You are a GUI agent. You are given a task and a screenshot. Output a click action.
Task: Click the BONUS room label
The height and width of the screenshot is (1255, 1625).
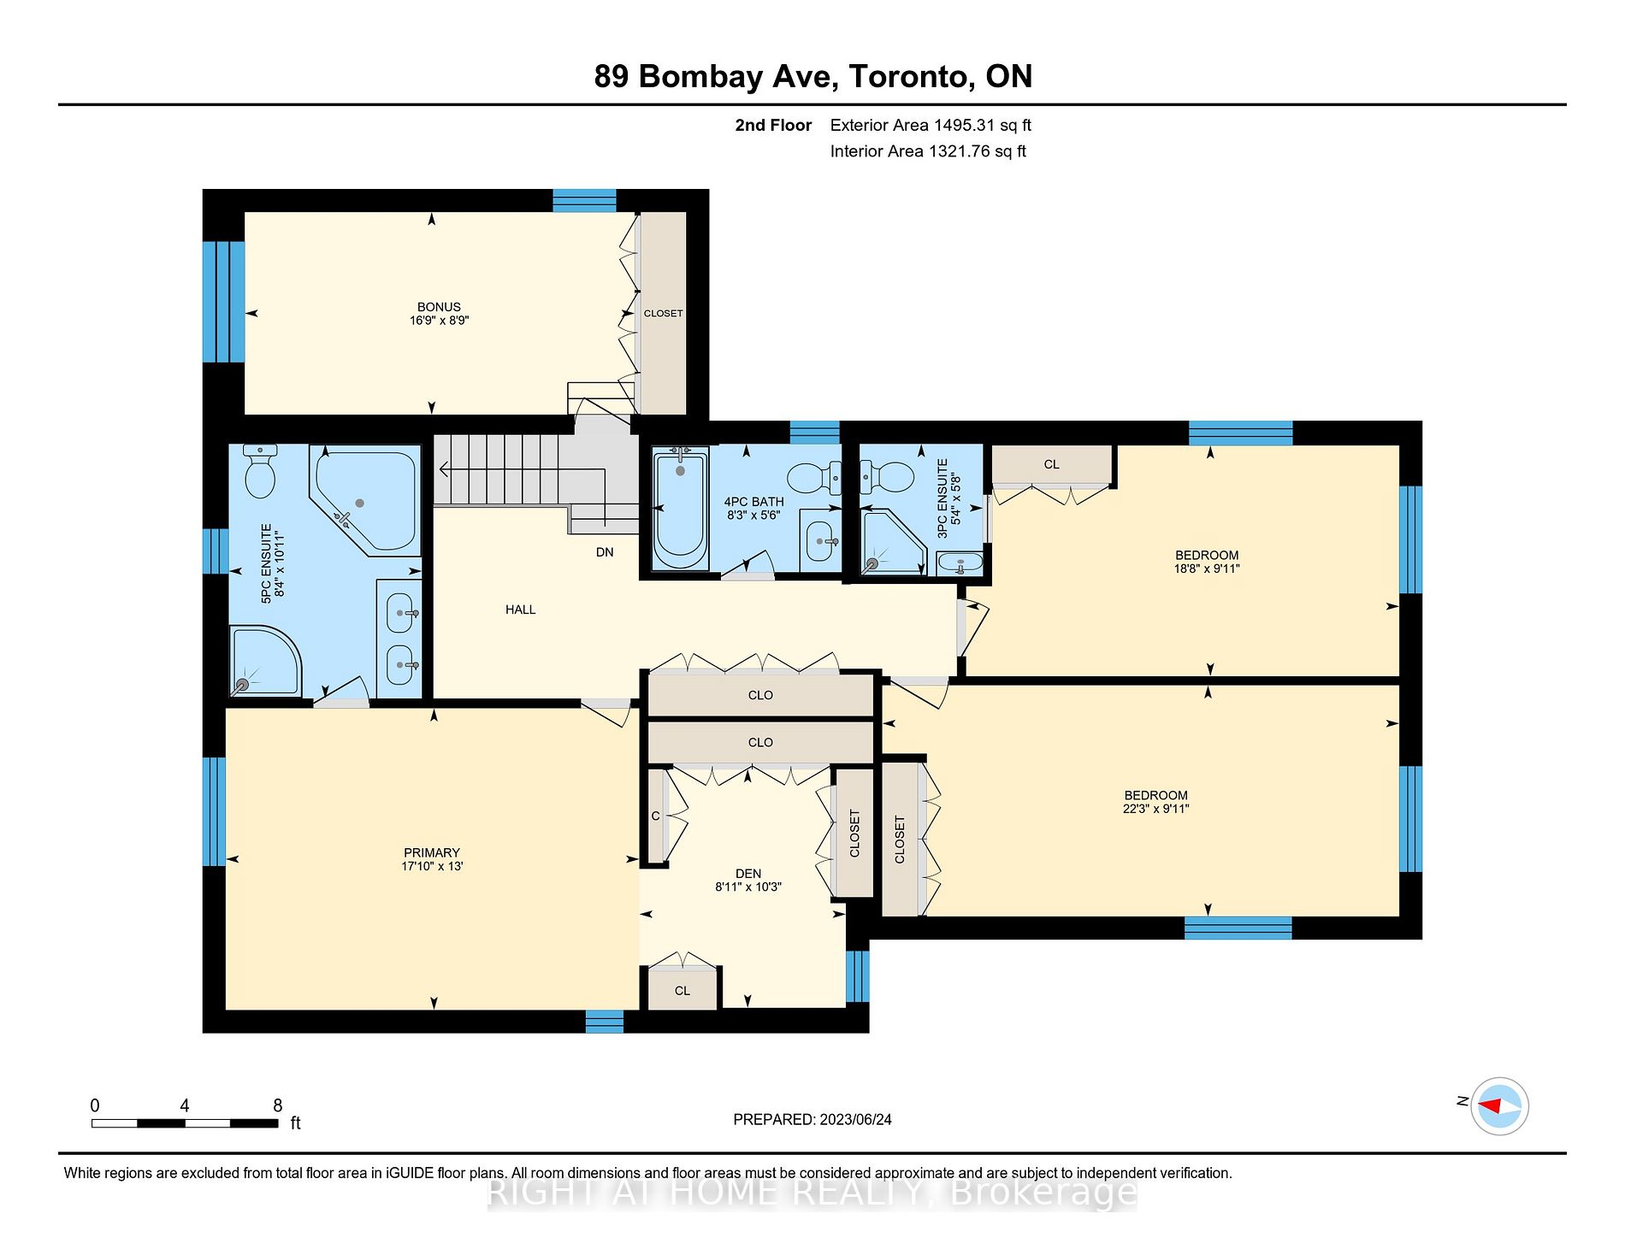tap(439, 307)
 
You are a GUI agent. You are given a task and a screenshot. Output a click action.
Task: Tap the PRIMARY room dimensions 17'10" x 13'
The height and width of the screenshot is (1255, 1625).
tap(432, 866)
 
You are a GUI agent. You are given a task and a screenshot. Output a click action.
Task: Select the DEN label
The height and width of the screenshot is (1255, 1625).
tap(748, 873)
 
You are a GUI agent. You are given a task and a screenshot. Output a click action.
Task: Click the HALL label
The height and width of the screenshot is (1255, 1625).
tap(520, 610)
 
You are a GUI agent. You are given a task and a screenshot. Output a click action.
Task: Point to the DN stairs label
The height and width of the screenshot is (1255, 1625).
tap(605, 552)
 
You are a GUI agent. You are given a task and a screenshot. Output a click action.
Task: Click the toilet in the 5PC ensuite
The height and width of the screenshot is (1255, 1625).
tap(259, 472)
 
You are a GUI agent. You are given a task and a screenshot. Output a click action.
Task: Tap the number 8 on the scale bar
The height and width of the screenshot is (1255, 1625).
tap(277, 1105)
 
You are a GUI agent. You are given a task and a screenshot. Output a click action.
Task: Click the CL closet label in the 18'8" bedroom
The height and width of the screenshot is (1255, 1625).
tap(1051, 464)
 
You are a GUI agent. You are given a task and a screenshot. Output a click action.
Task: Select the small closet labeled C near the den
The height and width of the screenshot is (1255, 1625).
tap(655, 816)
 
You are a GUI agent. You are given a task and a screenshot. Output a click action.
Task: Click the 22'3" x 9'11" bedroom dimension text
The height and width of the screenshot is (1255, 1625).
tap(1155, 809)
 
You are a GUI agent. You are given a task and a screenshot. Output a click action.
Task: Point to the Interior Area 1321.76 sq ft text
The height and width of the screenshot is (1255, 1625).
tap(927, 151)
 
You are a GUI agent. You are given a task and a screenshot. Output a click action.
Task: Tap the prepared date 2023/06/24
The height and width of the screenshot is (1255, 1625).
tap(854, 1120)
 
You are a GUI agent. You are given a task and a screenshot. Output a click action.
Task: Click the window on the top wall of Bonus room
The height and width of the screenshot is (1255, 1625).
tap(584, 200)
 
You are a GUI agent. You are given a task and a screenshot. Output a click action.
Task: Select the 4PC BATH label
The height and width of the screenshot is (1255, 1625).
tap(753, 502)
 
